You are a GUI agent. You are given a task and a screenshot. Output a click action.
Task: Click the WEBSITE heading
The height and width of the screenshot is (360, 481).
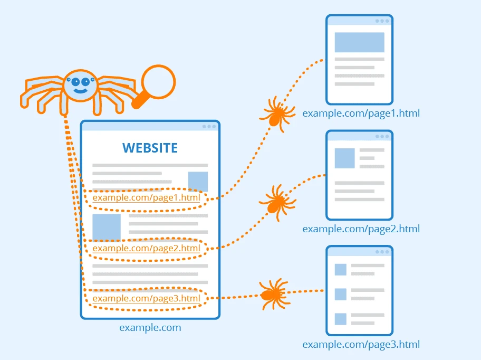coord(150,148)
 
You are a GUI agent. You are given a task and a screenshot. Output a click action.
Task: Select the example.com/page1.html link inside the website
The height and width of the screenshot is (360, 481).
coord(146,198)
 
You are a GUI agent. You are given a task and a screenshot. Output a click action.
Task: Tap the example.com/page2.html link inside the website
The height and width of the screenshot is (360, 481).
coord(146,248)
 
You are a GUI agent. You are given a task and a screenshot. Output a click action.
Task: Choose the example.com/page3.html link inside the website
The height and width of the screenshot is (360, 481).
coord(146,298)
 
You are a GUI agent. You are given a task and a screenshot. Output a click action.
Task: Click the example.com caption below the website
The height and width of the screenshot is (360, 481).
coord(150,328)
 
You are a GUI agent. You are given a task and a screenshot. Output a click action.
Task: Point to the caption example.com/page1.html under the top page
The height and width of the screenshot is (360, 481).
coord(361,113)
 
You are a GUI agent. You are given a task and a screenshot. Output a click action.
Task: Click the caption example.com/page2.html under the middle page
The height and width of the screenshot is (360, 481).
coord(361,229)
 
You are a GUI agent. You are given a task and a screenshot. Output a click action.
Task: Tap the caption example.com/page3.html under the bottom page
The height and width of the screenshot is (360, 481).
coord(361,345)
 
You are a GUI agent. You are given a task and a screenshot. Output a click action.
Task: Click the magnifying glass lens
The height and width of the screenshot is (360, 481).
coord(158,81)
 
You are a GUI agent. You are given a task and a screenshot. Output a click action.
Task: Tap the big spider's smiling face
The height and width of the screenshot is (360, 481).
coord(81,84)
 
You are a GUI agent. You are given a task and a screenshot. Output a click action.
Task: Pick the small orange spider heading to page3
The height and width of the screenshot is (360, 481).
coord(273,294)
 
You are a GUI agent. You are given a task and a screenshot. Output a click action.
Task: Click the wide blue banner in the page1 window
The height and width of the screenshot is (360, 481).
coord(359,42)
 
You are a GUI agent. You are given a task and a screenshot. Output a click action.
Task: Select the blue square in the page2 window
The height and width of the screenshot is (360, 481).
coord(344,158)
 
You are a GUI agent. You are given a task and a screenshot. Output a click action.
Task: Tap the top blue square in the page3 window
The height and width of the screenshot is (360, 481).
coord(340,269)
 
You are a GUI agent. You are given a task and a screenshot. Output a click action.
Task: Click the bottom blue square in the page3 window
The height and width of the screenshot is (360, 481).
coord(340,319)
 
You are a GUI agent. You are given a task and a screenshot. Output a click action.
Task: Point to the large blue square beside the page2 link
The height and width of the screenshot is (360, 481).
coord(107,227)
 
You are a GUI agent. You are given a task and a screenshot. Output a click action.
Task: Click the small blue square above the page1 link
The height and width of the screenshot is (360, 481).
coord(198,181)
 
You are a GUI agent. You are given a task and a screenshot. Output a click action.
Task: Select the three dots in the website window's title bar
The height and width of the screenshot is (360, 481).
coord(209,126)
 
